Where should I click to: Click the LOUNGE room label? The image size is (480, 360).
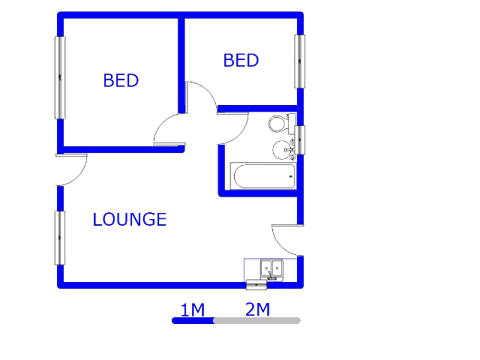coord(130,220)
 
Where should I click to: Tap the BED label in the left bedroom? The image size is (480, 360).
coord(121,80)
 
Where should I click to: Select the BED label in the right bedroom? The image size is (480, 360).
coord(241,60)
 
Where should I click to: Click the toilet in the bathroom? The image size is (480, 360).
coord(282,124)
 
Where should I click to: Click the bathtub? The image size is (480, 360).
coord(263,176)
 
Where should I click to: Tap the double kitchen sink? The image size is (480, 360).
coord(271,269)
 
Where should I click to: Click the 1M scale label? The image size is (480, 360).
coord(193,310)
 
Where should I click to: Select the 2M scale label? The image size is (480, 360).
coord(257,309)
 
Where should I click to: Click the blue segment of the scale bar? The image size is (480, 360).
coord(193,320)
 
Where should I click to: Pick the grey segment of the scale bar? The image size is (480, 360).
coord(257,320)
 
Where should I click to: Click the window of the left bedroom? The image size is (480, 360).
coord(60,77)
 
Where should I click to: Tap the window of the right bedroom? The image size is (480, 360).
coord(300,61)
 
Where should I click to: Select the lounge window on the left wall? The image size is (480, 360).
coord(60,238)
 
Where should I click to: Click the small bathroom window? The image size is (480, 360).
coord(300,140)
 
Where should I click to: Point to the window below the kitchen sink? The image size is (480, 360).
coord(256,285)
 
